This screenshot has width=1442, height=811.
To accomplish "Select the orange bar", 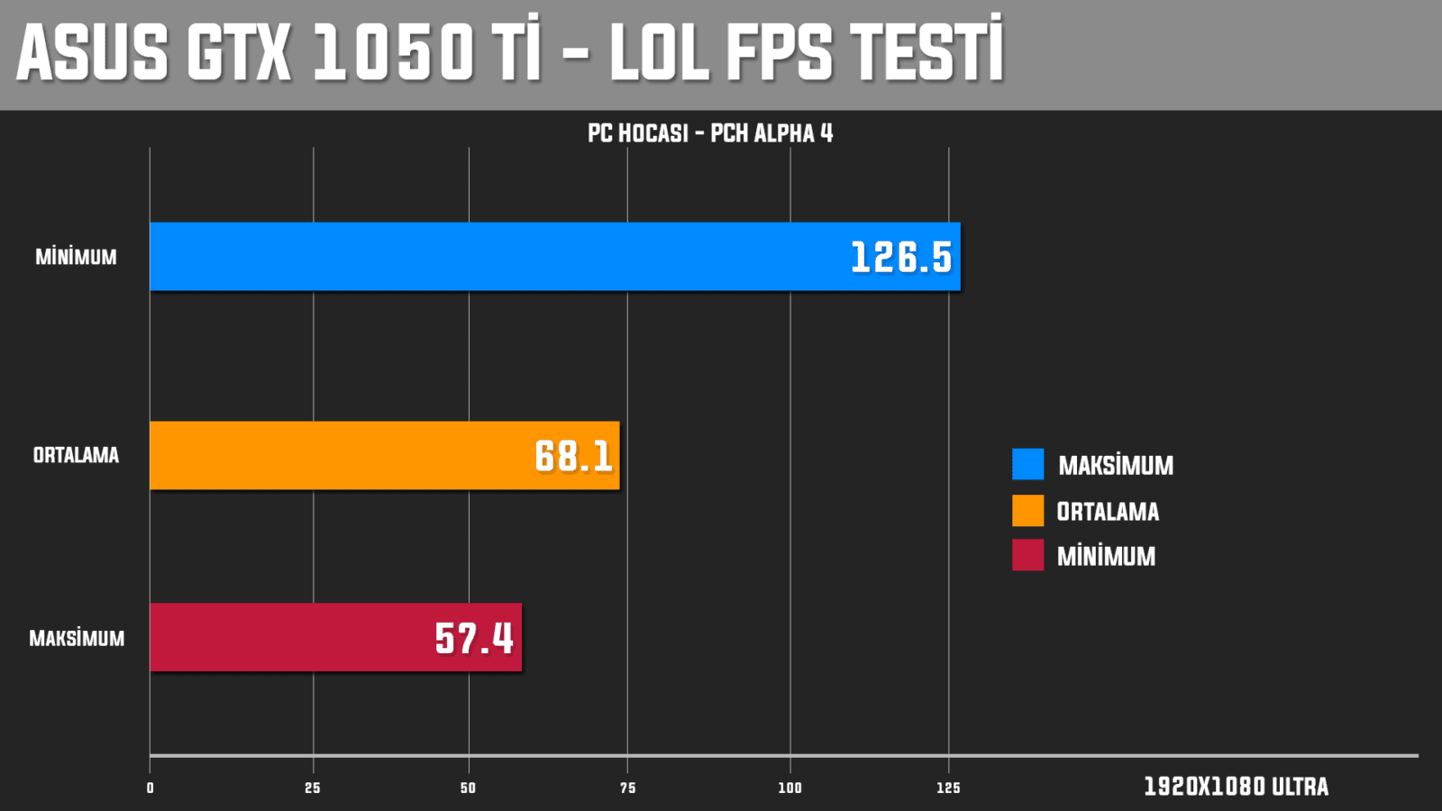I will click(360, 455).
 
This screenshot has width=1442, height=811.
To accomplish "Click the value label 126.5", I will click(901, 258).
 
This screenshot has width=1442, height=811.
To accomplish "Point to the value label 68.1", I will click(573, 456).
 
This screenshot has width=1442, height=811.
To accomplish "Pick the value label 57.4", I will click(474, 638).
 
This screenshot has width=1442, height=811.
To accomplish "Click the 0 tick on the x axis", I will click(151, 788).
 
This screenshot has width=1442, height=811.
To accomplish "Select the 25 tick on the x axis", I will click(313, 788).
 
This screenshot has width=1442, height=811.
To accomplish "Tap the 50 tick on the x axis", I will click(468, 788).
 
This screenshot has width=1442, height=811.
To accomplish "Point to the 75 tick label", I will click(627, 788).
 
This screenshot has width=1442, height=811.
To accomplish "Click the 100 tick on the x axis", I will click(789, 788).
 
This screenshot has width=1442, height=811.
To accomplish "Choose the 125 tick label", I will click(948, 788).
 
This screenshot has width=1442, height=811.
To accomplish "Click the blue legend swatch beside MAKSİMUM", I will click(1027, 464).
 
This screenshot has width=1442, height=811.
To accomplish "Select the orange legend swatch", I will click(1027, 510).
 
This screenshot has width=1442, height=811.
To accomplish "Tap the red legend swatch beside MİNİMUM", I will click(1027, 555).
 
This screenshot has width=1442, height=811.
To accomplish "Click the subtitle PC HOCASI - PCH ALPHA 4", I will click(710, 133).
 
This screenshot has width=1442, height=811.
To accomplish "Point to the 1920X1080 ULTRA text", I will click(1236, 787).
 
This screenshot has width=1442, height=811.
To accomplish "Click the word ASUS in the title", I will click(93, 52).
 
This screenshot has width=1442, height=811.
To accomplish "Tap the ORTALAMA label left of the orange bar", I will click(76, 455).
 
